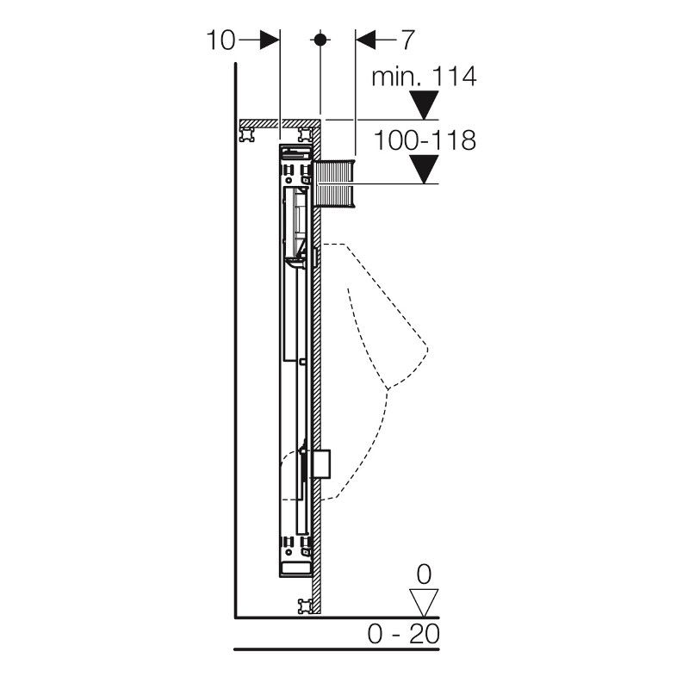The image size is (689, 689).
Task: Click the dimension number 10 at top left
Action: point(220,40)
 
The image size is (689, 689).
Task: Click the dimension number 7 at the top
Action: point(407,40)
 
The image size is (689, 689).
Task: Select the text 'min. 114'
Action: point(424,77)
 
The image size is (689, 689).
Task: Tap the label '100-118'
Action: point(425,140)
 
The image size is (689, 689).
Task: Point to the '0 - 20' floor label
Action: point(403,634)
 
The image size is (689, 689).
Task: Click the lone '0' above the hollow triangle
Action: point(424,574)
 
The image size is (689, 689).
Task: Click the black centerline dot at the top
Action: point(320,40)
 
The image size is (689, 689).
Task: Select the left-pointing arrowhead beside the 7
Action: point(365,40)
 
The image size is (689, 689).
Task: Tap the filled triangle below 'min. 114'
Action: point(424,105)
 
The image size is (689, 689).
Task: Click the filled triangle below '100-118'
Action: point(424,169)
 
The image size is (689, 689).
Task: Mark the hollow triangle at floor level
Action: point(424,604)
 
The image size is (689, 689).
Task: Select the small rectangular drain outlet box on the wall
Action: point(321,464)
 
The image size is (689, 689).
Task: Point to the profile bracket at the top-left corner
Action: point(246,134)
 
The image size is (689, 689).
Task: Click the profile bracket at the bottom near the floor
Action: point(306,606)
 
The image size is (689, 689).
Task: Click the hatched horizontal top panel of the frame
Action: point(278,123)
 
